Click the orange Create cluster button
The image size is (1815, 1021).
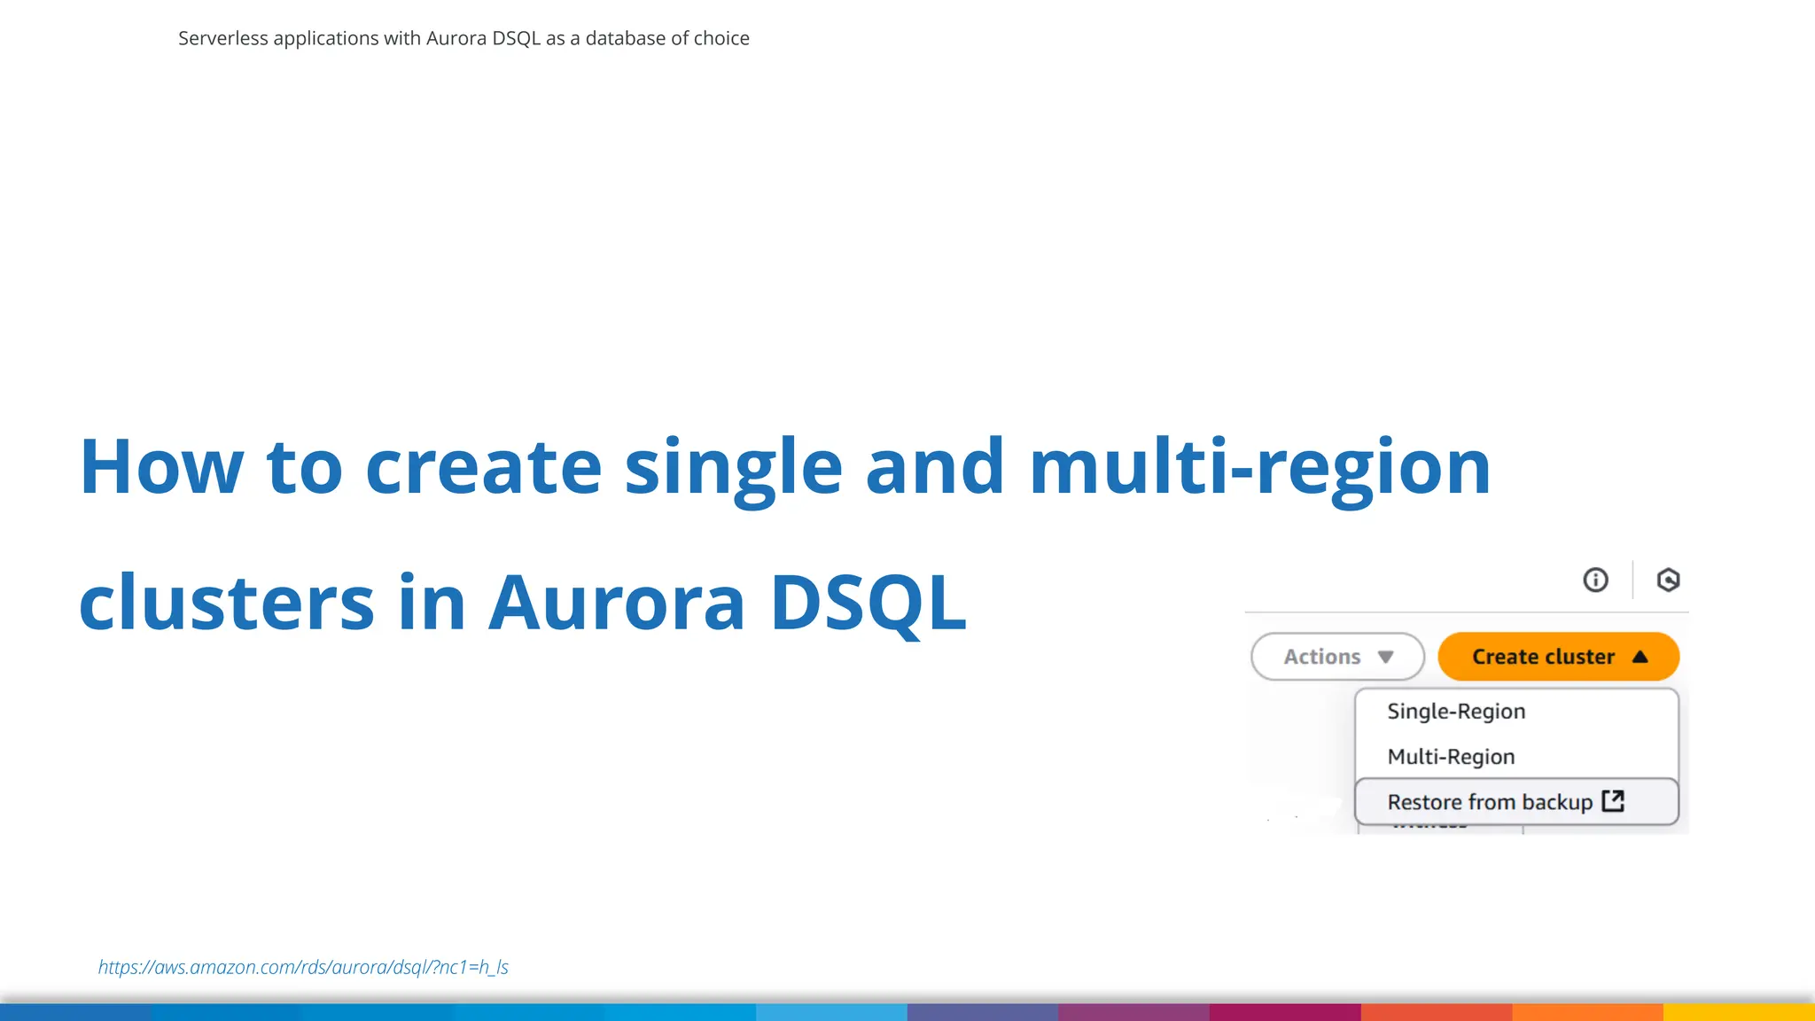1542,657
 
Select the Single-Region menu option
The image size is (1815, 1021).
1455,712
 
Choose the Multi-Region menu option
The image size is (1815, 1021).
1451,757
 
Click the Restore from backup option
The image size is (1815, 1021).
1489,802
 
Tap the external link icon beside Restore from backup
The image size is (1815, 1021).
1613,801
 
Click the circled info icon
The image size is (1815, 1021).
1595,580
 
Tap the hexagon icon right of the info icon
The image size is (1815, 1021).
1668,580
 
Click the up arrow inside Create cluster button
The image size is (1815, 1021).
1640,657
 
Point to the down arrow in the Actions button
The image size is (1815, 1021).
1386,657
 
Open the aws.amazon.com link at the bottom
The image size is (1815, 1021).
303,967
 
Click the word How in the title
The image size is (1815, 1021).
161,467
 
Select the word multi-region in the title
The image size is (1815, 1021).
1259,467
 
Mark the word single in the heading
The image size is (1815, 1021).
733,467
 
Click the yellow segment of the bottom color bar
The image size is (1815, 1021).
1739,1012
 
